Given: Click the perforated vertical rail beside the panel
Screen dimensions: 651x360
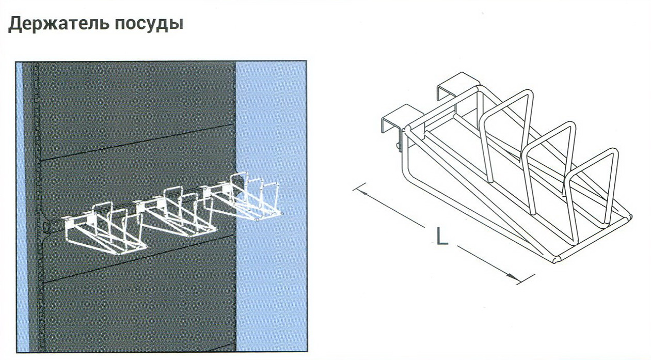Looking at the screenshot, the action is click(x=36, y=207).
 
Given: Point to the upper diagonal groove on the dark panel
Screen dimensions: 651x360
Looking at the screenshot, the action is click(x=137, y=142).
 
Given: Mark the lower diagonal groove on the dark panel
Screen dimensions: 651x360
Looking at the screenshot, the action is click(x=139, y=259).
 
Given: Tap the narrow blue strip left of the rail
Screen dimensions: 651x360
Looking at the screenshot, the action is click(x=19, y=207).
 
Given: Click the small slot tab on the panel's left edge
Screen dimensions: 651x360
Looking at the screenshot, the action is click(x=45, y=227).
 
